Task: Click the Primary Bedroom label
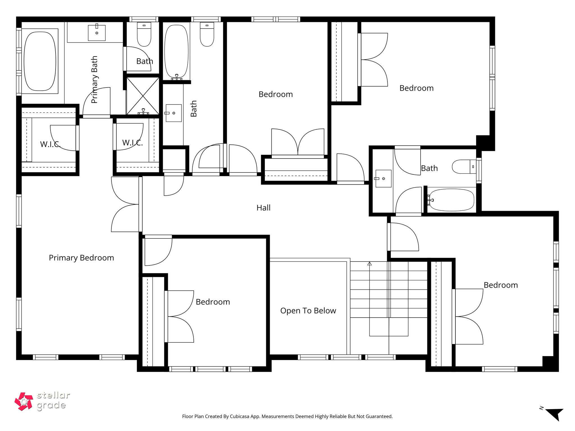tap(81, 258)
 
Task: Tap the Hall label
tap(263, 208)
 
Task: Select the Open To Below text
tap(308, 311)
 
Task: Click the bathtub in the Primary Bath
tap(40, 61)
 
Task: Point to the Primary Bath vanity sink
tap(97, 33)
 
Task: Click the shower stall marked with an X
tap(143, 96)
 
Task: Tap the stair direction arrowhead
tap(369, 264)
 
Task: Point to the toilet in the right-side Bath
tap(463, 167)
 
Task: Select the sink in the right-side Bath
tap(384, 178)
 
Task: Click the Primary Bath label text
tap(95, 80)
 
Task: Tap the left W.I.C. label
tap(50, 144)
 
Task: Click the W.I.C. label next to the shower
tap(132, 143)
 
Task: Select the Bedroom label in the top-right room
tap(416, 88)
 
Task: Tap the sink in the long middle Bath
tap(174, 113)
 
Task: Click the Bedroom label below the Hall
tap(213, 302)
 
